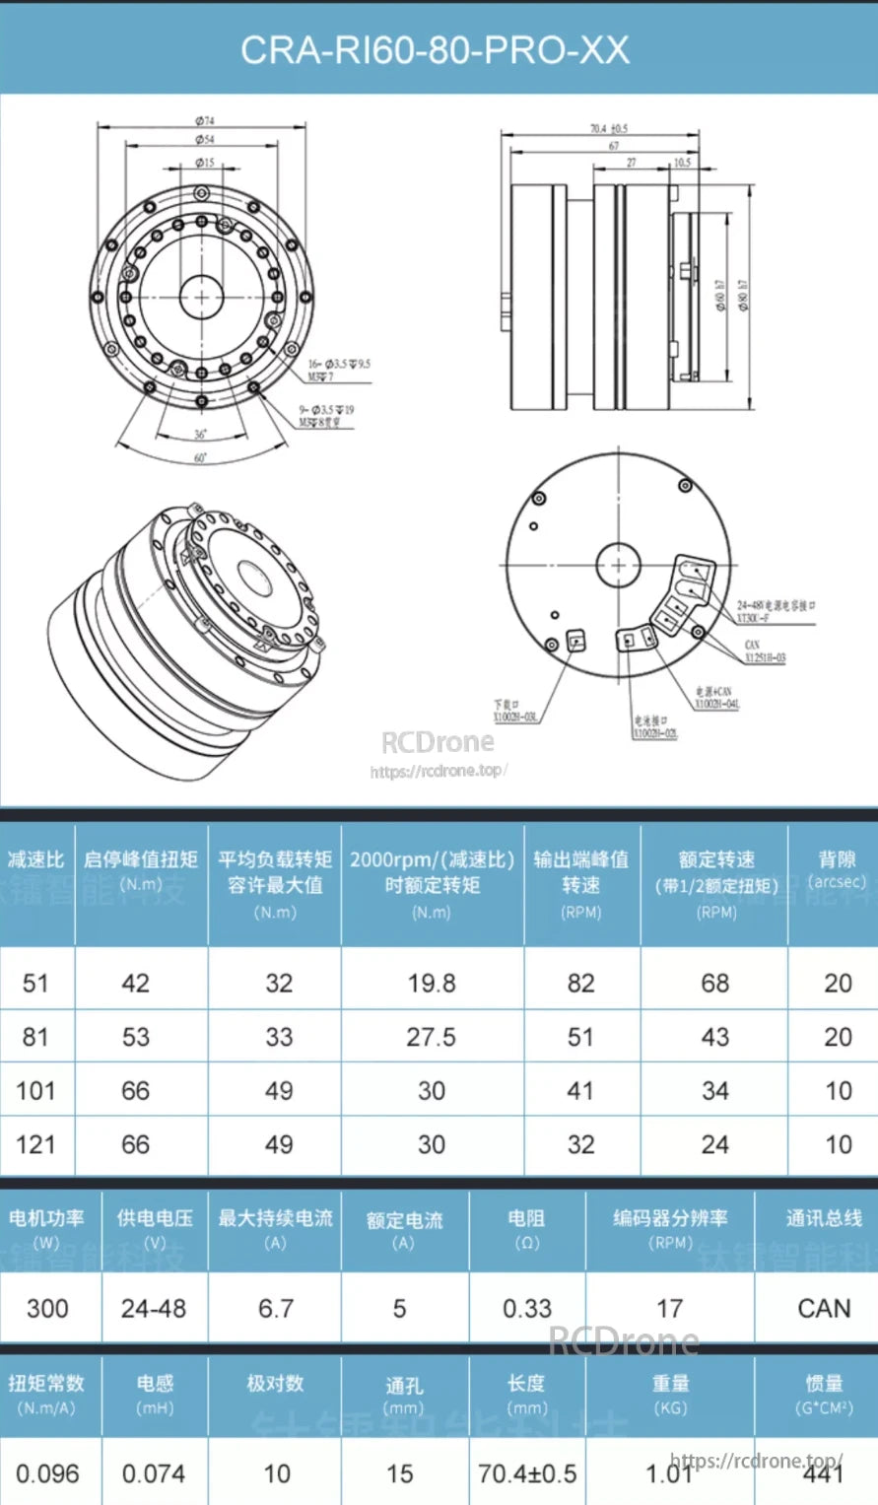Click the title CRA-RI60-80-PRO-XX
pos(435,49)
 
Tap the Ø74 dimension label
pos(204,120)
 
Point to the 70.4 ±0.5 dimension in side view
pos(608,129)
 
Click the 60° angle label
pos(200,458)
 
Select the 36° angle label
pos(201,434)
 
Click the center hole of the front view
pos(201,295)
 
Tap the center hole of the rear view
pos(618,566)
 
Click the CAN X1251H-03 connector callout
pos(765,650)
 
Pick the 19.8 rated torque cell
pos(432,983)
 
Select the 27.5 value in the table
pos(432,1037)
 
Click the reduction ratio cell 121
pos(35,1144)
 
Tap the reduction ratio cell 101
pos(35,1091)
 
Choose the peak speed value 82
pos(580,983)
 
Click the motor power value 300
pos(47,1309)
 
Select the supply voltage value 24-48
pos(154,1309)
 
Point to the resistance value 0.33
pos(527,1309)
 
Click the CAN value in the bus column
pos(824,1309)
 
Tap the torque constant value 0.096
pos(47,1473)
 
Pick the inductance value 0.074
pos(155,1473)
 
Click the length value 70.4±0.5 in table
pos(527,1473)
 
